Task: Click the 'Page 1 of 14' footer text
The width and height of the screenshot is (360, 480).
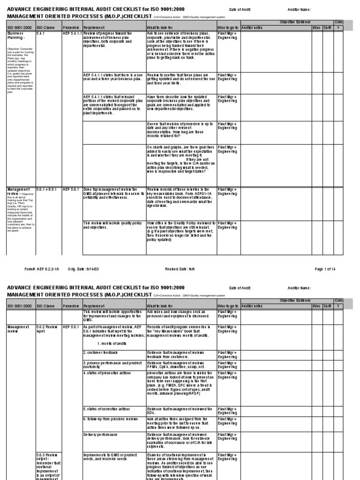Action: point(325,269)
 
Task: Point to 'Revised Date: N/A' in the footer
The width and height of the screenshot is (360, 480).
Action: point(180,269)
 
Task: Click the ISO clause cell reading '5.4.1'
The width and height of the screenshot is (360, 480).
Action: point(41,34)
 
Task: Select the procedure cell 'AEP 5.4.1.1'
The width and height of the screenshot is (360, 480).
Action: point(72,34)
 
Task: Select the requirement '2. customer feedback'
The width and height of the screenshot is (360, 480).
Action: point(100,352)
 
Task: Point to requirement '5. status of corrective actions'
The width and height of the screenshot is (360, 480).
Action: point(107,409)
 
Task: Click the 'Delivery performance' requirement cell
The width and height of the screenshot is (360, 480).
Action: point(101,435)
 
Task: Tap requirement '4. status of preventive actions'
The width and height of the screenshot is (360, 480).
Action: point(107,373)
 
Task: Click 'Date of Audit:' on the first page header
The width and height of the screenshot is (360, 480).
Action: point(240,9)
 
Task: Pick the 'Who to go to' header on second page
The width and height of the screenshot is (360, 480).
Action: point(228,306)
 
